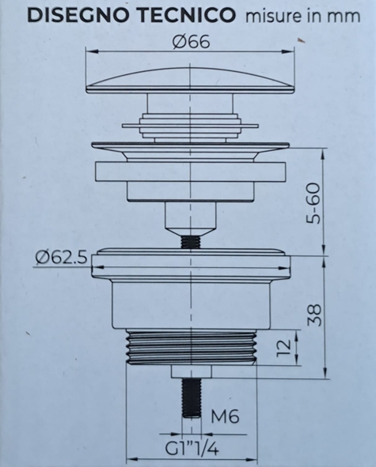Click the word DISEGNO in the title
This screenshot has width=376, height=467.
click(72, 15)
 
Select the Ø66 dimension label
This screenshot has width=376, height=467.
click(191, 42)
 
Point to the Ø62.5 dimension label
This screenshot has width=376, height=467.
click(61, 257)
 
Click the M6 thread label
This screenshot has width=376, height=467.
click(227, 416)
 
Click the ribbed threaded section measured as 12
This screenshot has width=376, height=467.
click(191, 348)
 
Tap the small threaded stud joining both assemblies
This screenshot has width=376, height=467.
click(191, 239)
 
